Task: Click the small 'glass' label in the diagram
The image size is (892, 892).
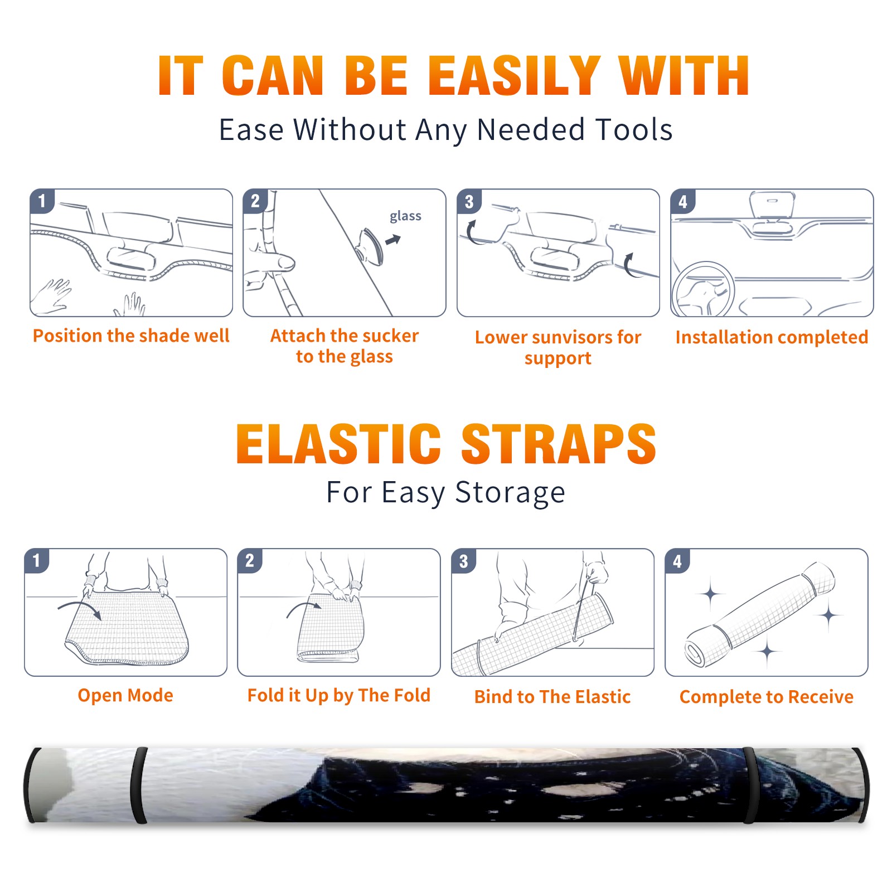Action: point(405,216)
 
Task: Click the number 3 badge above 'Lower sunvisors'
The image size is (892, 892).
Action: point(469,201)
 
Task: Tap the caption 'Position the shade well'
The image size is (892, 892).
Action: point(131,336)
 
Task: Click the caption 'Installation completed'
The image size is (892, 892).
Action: point(772,337)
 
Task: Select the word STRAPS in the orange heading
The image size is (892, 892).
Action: point(559,444)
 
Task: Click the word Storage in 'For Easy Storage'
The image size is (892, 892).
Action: point(510,493)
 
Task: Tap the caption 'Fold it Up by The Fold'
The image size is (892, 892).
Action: point(339,695)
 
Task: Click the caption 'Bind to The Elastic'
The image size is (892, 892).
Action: point(552,697)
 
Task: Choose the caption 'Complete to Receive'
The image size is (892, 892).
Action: point(767,697)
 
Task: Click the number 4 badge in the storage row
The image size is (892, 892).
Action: point(677,561)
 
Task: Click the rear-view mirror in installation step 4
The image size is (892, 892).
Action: point(772,205)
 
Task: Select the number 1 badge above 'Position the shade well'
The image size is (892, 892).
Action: point(42,201)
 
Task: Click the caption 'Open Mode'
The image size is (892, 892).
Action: point(125,695)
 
